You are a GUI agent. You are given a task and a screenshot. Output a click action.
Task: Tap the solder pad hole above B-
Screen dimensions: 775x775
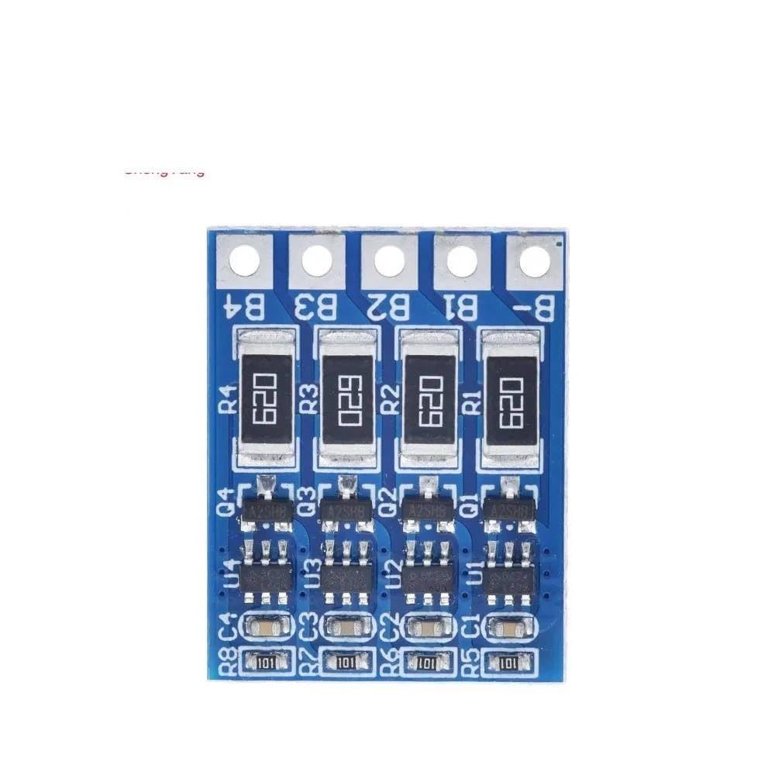(535, 260)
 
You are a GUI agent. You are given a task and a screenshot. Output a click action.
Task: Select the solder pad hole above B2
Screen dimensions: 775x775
(390, 260)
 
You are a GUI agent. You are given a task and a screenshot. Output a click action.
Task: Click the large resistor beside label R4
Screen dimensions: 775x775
(265, 397)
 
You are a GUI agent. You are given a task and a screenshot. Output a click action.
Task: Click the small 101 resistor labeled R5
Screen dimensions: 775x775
(508, 663)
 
